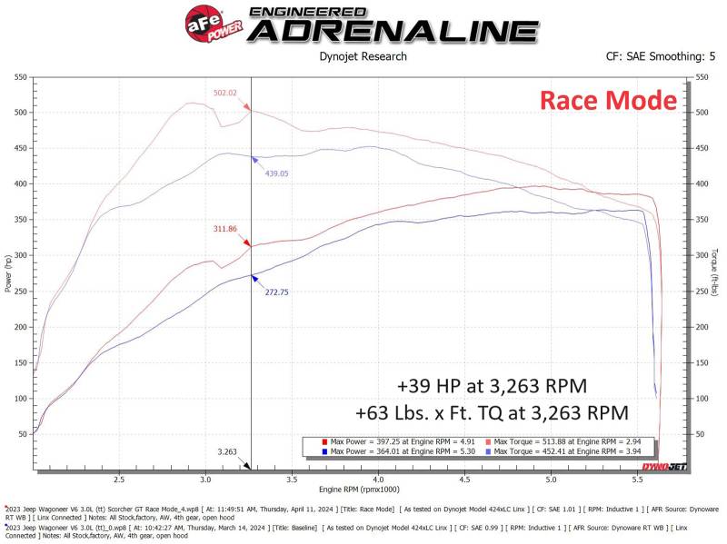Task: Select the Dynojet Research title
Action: click(x=363, y=56)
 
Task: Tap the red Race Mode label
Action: click(x=608, y=100)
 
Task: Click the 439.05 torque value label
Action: click(x=276, y=173)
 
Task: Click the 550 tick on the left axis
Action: click(x=18, y=77)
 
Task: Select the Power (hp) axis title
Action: click(x=7, y=273)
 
